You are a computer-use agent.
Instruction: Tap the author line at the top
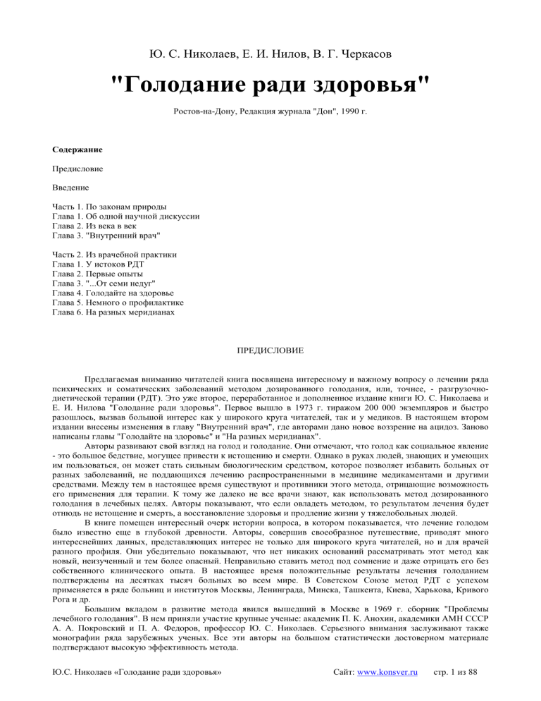270,53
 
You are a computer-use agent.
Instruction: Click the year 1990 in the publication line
350,112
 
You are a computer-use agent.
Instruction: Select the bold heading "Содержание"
77,150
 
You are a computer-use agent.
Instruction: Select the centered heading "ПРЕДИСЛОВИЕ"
270,350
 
